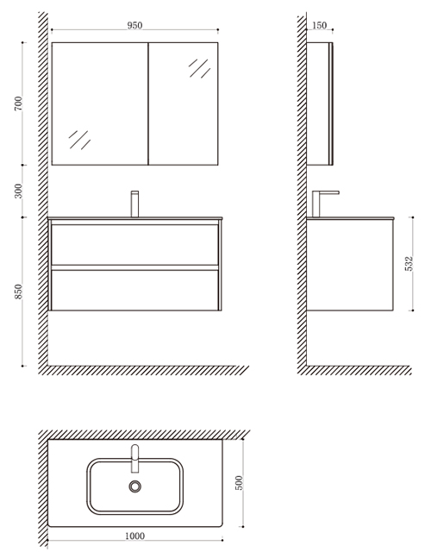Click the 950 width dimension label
134,25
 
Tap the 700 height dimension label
18,103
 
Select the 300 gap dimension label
18,191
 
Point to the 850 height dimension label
18,292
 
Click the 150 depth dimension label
319,25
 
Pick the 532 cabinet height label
409,263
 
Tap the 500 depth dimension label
240,483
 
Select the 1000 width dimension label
134,536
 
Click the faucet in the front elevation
134,204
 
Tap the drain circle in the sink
134,486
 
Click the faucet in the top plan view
134,458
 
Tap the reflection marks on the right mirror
199,68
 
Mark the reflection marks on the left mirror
79,140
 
